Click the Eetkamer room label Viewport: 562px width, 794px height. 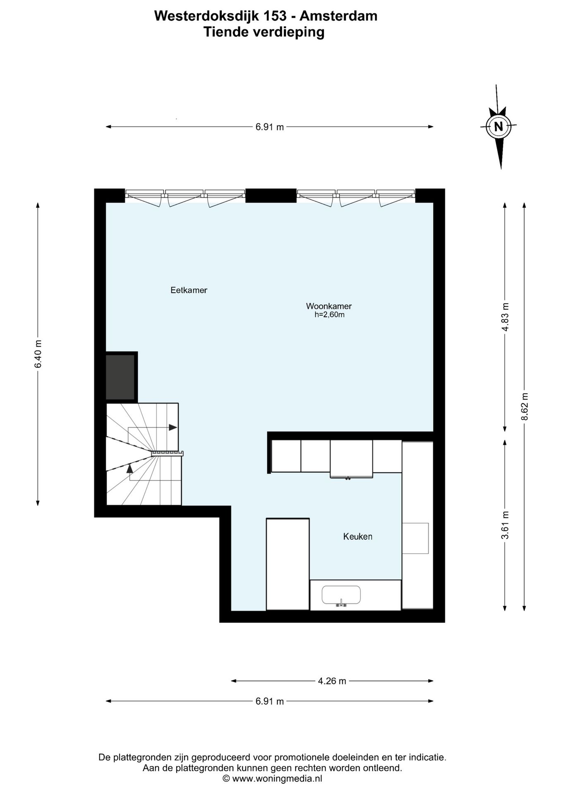tap(189, 290)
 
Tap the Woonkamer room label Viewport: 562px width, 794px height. tap(329, 306)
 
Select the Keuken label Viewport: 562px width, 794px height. tap(358, 537)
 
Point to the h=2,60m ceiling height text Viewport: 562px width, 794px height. tap(329, 315)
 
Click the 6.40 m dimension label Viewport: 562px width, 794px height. tap(38, 354)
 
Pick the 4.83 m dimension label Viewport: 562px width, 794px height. tap(505, 317)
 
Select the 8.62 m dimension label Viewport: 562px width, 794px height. tap(524, 406)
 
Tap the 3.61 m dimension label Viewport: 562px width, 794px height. tap(505, 525)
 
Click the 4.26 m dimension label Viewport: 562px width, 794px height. tap(332, 681)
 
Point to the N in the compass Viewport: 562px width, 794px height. tap(499, 127)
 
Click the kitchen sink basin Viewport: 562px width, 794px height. tap(341, 595)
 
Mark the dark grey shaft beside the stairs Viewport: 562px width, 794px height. tap(120, 377)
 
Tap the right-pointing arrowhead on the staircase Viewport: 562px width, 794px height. tap(173, 428)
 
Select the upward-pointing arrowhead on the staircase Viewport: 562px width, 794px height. tap(130, 468)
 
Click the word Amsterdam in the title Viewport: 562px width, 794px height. tap(338, 16)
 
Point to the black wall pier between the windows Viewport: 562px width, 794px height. tap(271, 196)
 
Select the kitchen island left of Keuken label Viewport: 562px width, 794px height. tap(288, 564)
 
